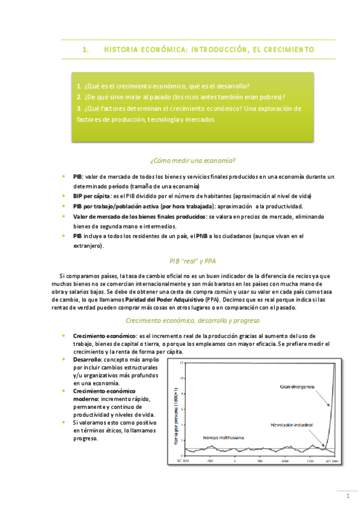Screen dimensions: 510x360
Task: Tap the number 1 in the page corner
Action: pos(347,496)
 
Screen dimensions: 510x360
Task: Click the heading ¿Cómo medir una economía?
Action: pos(192,161)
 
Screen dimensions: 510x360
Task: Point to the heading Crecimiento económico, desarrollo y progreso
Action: pos(192,321)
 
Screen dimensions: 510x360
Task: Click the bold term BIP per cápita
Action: pos(91,196)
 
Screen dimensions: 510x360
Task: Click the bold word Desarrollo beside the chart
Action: pos(88,358)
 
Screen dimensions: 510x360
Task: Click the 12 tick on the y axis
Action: pos(182,363)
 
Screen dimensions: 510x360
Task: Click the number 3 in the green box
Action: pos(79,108)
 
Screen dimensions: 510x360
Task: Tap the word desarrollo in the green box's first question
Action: pos(231,85)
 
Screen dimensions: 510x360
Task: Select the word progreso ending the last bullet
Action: pos(85,438)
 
